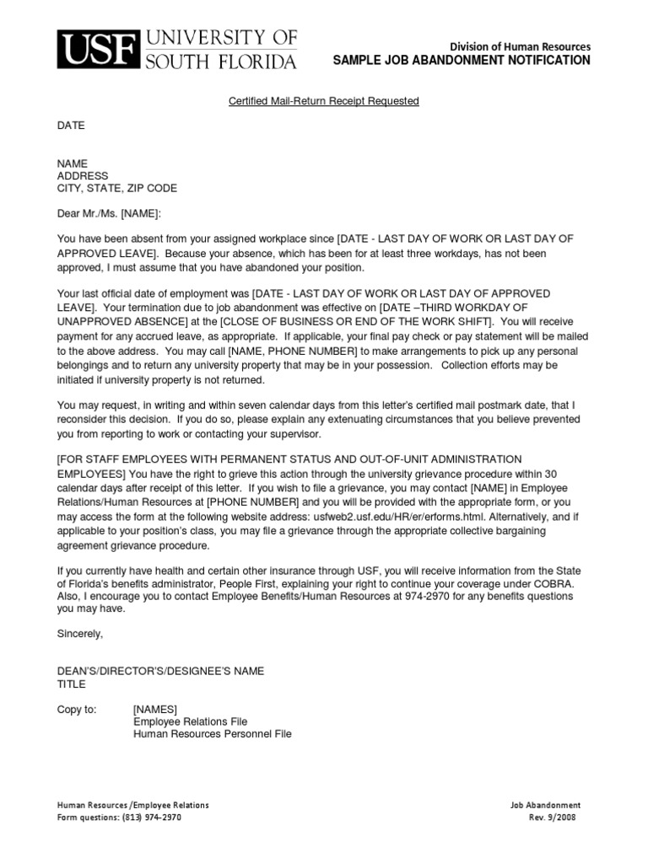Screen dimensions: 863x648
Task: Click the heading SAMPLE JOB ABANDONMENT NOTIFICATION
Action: point(462,61)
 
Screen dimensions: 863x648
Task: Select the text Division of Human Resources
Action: point(520,46)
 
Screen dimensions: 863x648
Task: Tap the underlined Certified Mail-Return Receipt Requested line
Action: point(324,101)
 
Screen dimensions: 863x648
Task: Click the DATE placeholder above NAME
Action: point(71,126)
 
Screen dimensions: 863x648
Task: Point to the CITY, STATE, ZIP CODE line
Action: point(116,189)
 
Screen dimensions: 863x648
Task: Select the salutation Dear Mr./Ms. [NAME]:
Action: point(108,214)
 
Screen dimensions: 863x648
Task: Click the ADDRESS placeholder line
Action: point(83,176)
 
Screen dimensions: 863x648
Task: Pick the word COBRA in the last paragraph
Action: point(557,583)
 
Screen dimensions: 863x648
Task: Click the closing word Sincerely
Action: point(79,633)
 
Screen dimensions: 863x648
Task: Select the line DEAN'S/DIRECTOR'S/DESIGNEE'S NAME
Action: point(160,671)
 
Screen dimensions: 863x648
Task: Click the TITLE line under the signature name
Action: point(71,683)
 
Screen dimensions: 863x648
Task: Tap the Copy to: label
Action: point(77,709)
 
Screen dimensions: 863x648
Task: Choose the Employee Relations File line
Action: point(190,721)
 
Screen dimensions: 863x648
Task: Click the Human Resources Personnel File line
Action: point(212,734)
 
